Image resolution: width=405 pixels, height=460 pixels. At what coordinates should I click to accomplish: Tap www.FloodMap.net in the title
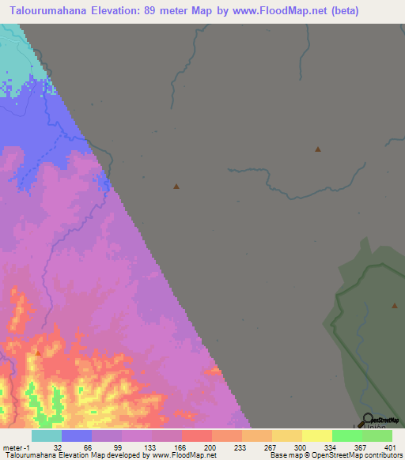tap(282, 11)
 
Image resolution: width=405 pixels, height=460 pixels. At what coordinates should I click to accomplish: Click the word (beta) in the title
tap(345, 11)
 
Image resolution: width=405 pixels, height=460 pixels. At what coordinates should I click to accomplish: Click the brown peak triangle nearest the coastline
tap(176, 187)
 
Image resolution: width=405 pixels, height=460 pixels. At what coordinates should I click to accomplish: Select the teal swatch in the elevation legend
tap(47, 435)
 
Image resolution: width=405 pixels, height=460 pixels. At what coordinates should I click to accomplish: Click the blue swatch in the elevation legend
tap(77, 435)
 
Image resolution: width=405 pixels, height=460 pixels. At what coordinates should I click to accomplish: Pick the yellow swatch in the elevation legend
tap(317, 435)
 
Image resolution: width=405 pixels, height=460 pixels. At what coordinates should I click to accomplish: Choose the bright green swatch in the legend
tap(347, 435)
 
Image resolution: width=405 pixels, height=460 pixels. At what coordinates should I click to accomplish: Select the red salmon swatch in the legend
tap(197, 435)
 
